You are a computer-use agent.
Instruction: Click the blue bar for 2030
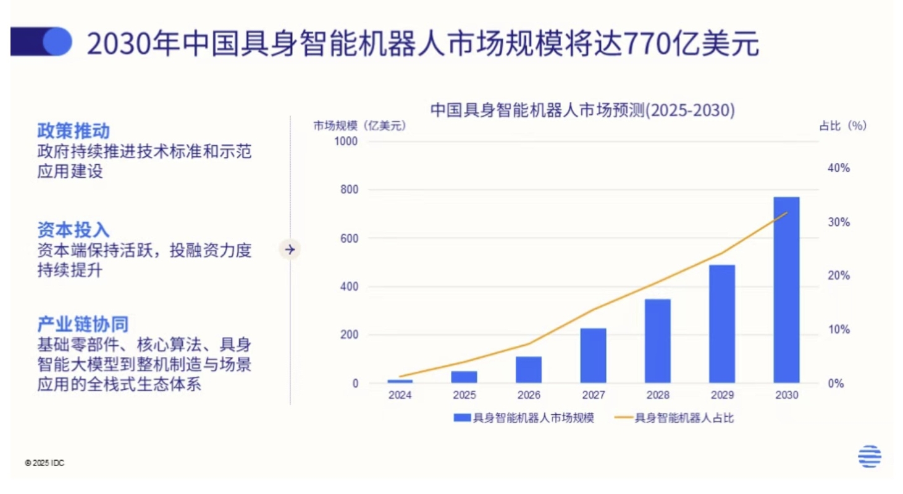click(786, 290)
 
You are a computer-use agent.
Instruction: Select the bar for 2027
click(594, 355)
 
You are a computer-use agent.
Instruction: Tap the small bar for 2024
click(400, 381)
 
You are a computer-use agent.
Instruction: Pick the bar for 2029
click(722, 324)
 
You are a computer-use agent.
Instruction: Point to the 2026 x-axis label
click(529, 395)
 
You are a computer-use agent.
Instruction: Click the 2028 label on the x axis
click(658, 395)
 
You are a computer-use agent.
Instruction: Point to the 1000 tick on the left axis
click(347, 141)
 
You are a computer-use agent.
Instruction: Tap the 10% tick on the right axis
click(839, 330)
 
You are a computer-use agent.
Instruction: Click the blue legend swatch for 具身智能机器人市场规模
click(462, 418)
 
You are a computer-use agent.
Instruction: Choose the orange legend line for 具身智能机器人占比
click(624, 418)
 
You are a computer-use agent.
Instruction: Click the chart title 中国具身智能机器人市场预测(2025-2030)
click(582, 111)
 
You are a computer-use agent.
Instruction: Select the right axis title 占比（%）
click(842, 126)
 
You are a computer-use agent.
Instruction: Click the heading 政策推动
click(73, 131)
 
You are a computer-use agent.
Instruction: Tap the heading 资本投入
click(73, 230)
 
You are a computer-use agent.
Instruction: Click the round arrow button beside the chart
click(290, 249)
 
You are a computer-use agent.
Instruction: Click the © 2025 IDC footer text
click(44, 463)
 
